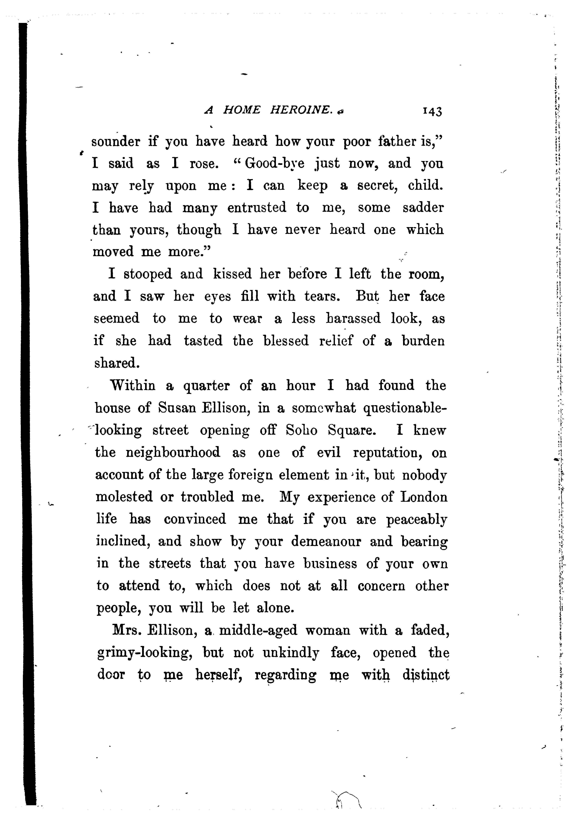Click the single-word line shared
[x=117, y=363]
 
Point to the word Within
[x=132, y=385]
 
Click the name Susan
[x=176, y=408]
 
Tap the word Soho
[x=301, y=430]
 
